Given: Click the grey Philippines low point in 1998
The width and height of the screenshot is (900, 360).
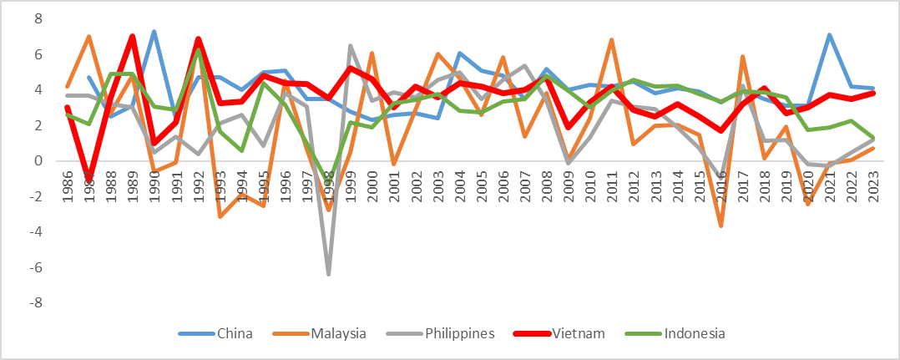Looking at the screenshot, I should (328, 274).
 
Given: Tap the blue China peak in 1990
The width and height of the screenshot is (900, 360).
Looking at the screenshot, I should (154, 32).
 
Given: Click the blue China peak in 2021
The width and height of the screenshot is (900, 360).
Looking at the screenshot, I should (828, 35).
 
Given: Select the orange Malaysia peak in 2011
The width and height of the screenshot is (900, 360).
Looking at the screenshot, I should (612, 40).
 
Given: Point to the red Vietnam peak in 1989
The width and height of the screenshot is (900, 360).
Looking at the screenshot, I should (133, 37).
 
